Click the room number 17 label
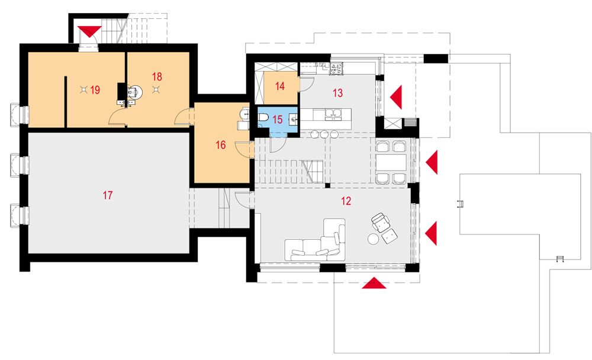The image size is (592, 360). (108, 195)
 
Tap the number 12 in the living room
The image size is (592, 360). (346, 201)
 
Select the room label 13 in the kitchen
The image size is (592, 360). (337, 93)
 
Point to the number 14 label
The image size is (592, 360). (280, 86)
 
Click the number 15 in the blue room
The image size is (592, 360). (278, 120)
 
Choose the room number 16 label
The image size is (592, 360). (220, 144)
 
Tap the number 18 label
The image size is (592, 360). (157, 77)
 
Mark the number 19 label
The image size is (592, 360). (95, 90)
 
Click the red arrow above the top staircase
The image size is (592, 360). (89, 31)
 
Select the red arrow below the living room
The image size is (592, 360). (374, 283)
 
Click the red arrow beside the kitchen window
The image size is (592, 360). (396, 98)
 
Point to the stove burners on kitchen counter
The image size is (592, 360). (336, 68)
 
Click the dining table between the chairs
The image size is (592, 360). (391, 162)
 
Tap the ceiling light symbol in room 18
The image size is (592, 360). (155, 89)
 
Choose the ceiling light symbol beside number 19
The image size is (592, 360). (84, 89)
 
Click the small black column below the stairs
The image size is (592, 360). (328, 185)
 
